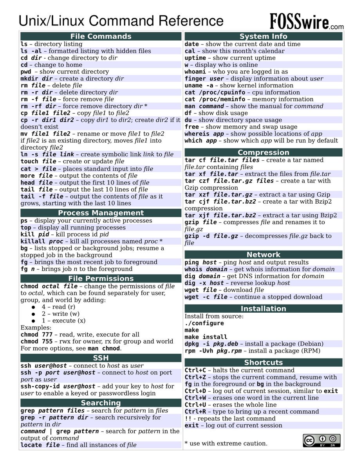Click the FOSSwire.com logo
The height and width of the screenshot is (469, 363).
coord(306,21)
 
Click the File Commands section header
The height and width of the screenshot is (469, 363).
coord(101,36)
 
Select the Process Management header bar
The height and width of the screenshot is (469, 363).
coord(101,213)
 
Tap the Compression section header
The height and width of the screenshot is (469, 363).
coord(263,152)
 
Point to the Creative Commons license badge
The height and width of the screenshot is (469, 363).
coord(321,440)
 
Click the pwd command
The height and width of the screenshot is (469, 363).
coord(26,72)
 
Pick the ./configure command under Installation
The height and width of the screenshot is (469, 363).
coord(204,323)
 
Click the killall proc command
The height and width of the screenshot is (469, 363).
coord(42,242)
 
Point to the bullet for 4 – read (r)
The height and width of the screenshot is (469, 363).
coord(33,307)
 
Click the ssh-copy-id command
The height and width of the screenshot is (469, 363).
coord(58,386)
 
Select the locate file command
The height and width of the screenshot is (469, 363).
coord(40,445)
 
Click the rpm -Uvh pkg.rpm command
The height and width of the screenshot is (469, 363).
coord(213,351)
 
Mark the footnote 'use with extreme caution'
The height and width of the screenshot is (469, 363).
coord(226,443)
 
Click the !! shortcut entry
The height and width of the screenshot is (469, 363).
coord(188,418)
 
